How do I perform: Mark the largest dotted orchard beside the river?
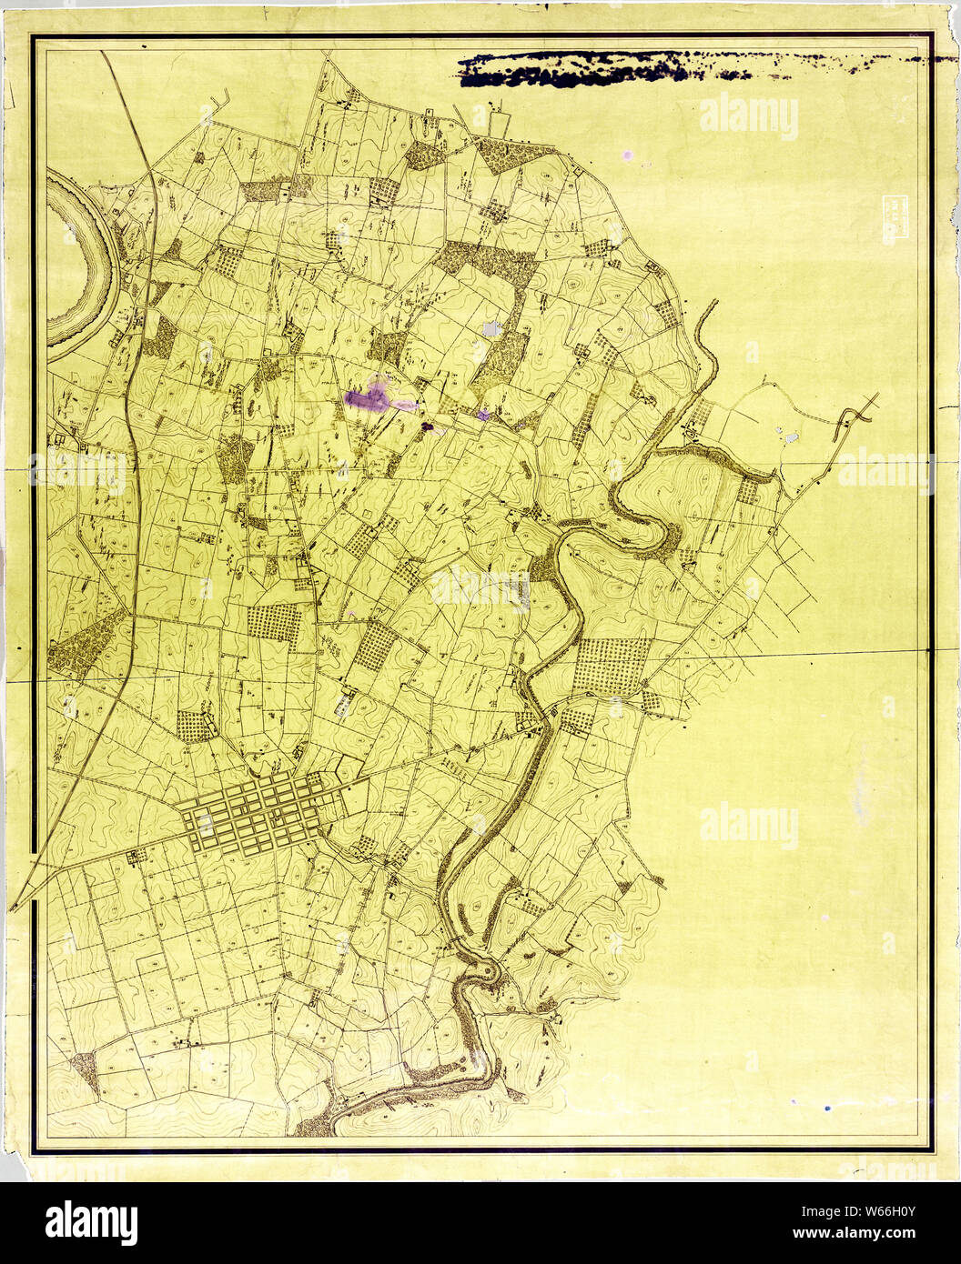coord(612,666)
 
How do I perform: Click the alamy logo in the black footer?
coord(91,1223)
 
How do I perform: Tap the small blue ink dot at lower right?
coord(826,1109)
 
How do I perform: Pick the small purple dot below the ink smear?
coord(627,155)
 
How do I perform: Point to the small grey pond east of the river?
coord(791,437)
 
